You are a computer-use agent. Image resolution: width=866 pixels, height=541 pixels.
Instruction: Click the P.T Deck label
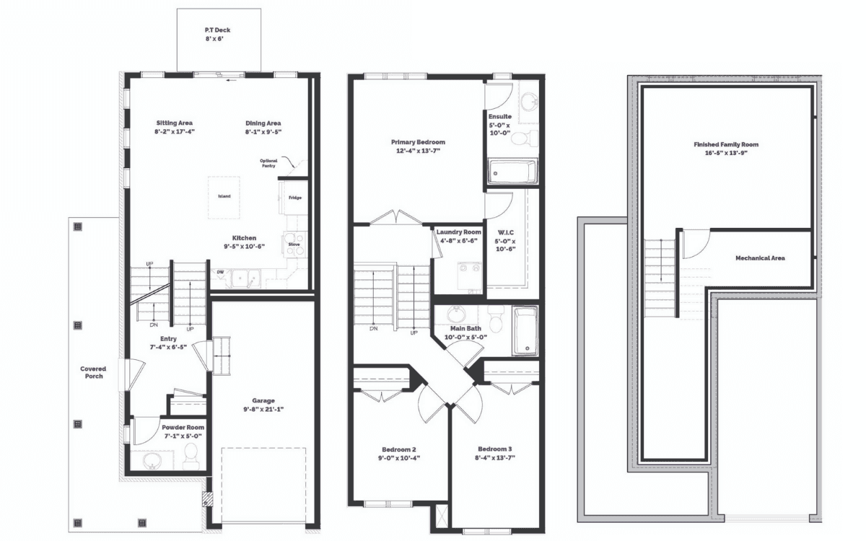[x=218, y=30]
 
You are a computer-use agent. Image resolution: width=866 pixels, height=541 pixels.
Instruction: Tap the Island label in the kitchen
[x=224, y=196]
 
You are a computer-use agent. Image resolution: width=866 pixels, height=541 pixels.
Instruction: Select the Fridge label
[x=295, y=198]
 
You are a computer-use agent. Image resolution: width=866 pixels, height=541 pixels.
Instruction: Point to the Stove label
[x=294, y=245]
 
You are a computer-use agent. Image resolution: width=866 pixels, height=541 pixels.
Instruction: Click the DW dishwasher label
[x=220, y=272]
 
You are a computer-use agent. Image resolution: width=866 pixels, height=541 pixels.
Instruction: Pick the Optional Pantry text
[x=268, y=163]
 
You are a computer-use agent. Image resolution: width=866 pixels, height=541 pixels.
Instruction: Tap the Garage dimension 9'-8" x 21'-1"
[x=263, y=409]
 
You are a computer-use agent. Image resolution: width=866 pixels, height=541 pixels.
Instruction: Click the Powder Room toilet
[x=191, y=456]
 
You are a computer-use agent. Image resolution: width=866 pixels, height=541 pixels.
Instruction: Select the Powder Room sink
[x=152, y=461]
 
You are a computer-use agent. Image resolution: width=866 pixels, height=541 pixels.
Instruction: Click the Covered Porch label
[x=94, y=372]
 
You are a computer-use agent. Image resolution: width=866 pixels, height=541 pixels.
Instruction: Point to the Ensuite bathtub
[x=512, y=172]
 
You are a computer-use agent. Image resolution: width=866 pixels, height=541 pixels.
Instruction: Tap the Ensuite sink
[x=528, y=102]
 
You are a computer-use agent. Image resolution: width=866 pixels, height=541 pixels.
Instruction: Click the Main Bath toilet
[x=494, y=317]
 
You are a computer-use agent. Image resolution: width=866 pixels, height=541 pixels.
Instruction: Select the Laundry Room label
[x=459, y=232]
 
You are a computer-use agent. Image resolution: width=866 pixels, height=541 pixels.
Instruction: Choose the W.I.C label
[x=506, y=232]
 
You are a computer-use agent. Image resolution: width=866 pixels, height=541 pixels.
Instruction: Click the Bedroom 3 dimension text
[x=495, y=458]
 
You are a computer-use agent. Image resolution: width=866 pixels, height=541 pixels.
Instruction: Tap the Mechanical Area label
[x=760, y=258]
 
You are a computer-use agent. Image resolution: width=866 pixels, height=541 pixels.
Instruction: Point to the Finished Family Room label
[x=726, y=144]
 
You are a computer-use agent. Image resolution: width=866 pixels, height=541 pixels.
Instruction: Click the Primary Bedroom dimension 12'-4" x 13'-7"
[x=418, y=151]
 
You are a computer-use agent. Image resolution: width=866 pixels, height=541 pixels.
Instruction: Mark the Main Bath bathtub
[x=525, y=331]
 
